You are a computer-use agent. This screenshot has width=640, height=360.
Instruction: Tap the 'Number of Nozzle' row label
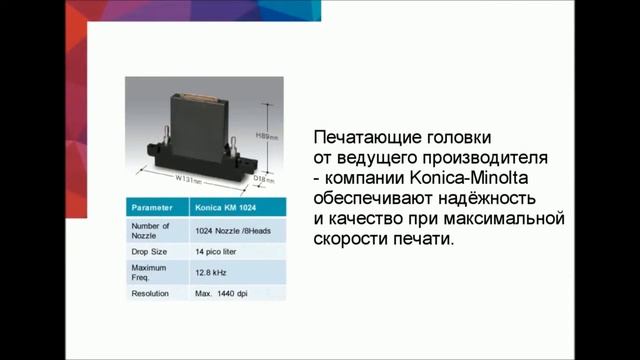(x=145, y=232)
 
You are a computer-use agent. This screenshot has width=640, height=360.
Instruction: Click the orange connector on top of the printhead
(x=214, y=99)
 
